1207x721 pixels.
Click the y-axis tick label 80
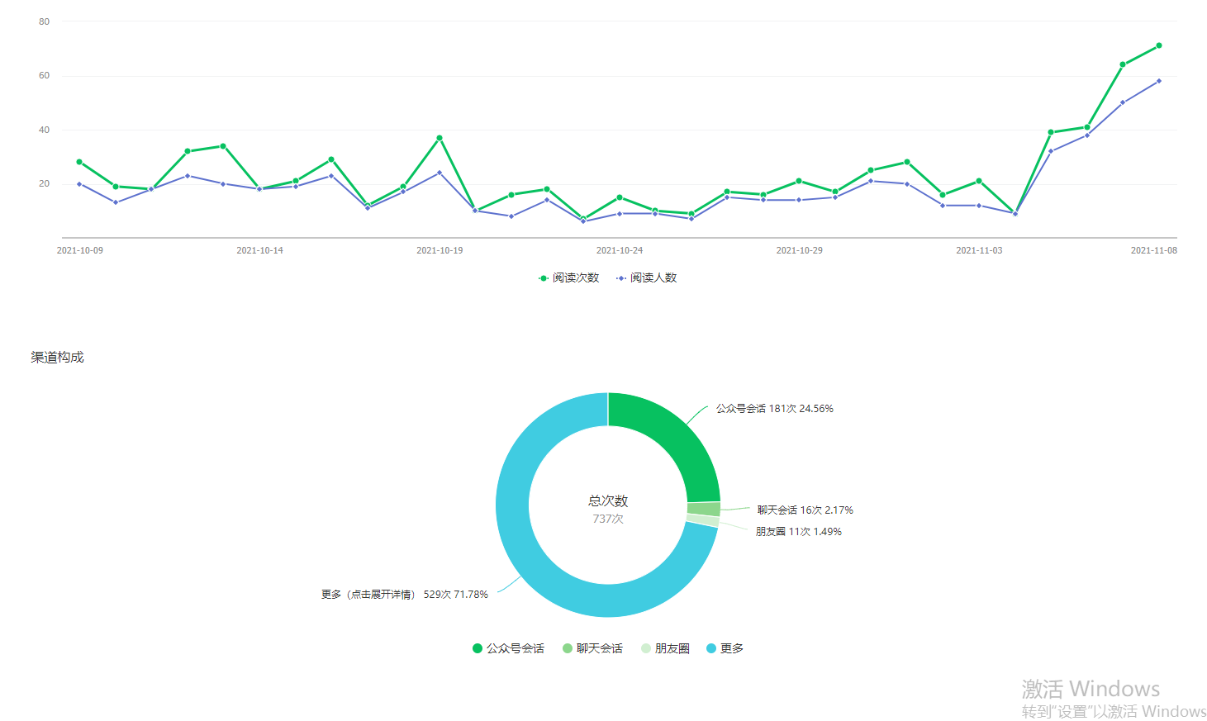click(44, 21)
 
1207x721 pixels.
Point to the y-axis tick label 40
click(44, 130)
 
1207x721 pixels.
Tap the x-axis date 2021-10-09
click(80, 250)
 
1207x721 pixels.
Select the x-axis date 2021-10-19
click(440, 250)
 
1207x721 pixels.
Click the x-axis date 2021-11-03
click(979, 250)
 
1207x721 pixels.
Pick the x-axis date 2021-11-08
click(1153, 250)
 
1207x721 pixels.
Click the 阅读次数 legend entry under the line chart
click(569, 277)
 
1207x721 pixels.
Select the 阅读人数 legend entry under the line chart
click(647, 277)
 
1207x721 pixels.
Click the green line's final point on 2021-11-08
click(1159, 45)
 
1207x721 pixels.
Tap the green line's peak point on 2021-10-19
click(440, 138)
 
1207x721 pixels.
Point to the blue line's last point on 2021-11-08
click(1159, 81)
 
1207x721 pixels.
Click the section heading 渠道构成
click(58, 357)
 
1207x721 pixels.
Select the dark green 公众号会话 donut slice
click(669, 438)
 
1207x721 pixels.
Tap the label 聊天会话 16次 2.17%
click(805, 510)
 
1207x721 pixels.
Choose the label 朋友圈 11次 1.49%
click(798, 532)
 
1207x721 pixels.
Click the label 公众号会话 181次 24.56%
click(774, 409)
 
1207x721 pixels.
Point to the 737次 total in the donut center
click(608, 519)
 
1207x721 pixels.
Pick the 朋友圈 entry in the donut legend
click(665, 648)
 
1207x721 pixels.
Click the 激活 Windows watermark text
click(1091, 688)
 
